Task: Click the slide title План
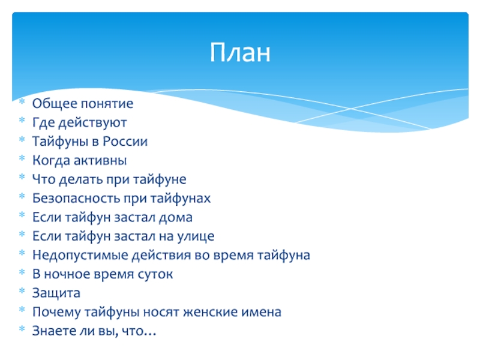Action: [x=240, y=52]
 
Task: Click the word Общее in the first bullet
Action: [x=55, y=103]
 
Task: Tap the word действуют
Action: [x=92, y=123]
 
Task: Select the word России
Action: [x=125, y=142]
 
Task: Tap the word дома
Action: [x=175, y=218]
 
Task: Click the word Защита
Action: [x=56, y=293]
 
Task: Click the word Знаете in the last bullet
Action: [x=54, y=331]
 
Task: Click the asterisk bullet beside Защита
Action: [x=22, y=290]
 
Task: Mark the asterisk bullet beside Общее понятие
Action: [x=22, y=101]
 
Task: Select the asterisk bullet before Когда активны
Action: [x=22, y=158]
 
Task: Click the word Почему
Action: [x=56, y=312]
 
